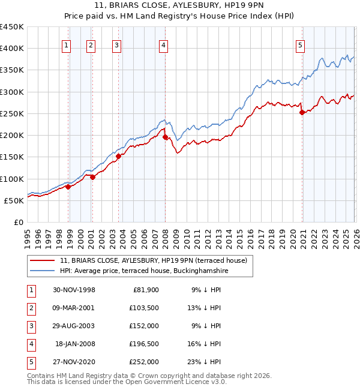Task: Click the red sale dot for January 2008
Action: point(165,137)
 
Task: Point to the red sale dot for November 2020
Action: point(302,113)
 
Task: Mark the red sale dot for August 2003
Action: point(119,157)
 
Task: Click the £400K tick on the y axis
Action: point(12,49)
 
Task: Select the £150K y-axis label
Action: point(12,157)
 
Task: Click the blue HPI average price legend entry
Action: point(144,271)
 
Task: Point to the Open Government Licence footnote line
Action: point(127,382)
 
